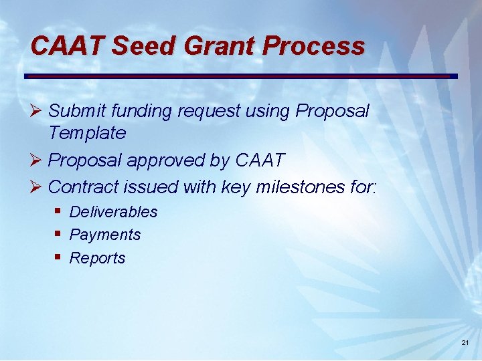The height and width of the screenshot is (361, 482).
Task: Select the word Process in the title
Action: pos(314,46)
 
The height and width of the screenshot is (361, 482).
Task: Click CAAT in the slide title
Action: pos(68,46)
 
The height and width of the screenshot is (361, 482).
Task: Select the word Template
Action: pos(87,133)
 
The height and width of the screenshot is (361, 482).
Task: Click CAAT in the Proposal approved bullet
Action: pos(260,160)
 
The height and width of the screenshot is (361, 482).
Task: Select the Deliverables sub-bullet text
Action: pos(113,212)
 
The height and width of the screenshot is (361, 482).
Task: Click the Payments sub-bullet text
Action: pos(105,235)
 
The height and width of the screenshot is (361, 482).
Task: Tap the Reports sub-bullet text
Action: pos(97,258)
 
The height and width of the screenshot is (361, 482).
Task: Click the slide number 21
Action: pos(465,343)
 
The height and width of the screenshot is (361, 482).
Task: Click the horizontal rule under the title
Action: pos(241,76)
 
